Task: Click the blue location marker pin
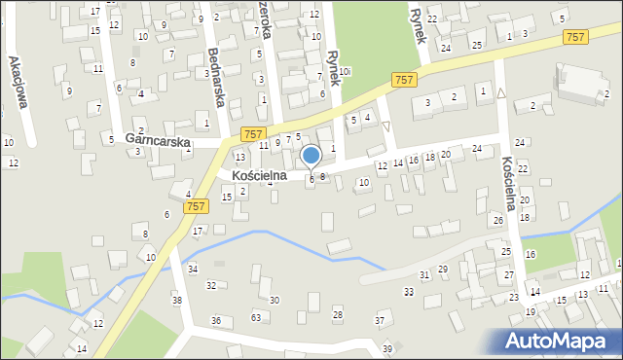[x=311, y=157]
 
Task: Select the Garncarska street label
[x=159, y=139]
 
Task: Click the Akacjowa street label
[x=15, y=75]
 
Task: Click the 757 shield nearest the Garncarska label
[x=252, y=133]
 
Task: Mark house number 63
[x=256, y=317]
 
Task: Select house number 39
[x=386, y=348]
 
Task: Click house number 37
[x=380, y=320]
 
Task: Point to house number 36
[x=216, y=320]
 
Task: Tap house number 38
[x=177, y=300]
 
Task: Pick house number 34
[x=193, y=269]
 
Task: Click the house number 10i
[x=344, y=70]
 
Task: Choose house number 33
[x=409, y=291]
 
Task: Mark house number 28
[x=338, y=313]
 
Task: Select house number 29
[x=443, y=269]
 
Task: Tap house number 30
[x=275, y=300]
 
